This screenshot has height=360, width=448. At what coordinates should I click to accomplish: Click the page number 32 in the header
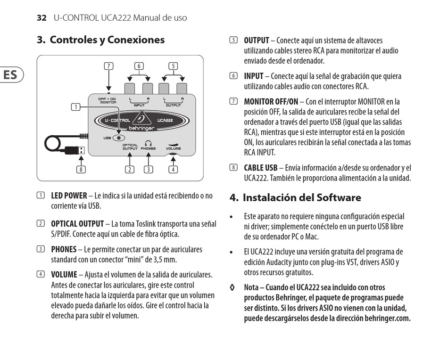[41, 18]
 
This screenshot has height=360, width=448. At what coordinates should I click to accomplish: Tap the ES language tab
[11, 75]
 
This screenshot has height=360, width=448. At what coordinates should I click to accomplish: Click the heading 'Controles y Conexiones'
[107, 40]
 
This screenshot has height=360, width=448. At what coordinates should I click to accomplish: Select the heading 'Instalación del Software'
[302, 197]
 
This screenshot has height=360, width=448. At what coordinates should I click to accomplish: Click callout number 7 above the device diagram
[109, 66]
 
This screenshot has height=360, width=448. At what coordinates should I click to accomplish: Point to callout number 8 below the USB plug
[82, 169]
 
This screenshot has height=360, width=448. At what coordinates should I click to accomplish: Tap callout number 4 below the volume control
[174, 169]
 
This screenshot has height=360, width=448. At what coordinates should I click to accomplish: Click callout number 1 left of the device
[75, 107]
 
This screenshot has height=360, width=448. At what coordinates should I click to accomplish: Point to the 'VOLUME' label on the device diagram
[173, 148]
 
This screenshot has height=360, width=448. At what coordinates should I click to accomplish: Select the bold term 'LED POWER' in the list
[69, 196]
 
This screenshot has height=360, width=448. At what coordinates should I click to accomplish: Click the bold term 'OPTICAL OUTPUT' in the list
[77, 224]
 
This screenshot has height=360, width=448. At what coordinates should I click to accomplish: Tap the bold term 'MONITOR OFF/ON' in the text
[271, 101]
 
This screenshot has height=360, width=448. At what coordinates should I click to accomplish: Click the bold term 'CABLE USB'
[261, 168]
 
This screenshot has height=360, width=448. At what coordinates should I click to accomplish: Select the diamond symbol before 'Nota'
[232, 287]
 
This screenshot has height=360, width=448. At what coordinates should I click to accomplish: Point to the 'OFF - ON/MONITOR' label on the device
[108, 100]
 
